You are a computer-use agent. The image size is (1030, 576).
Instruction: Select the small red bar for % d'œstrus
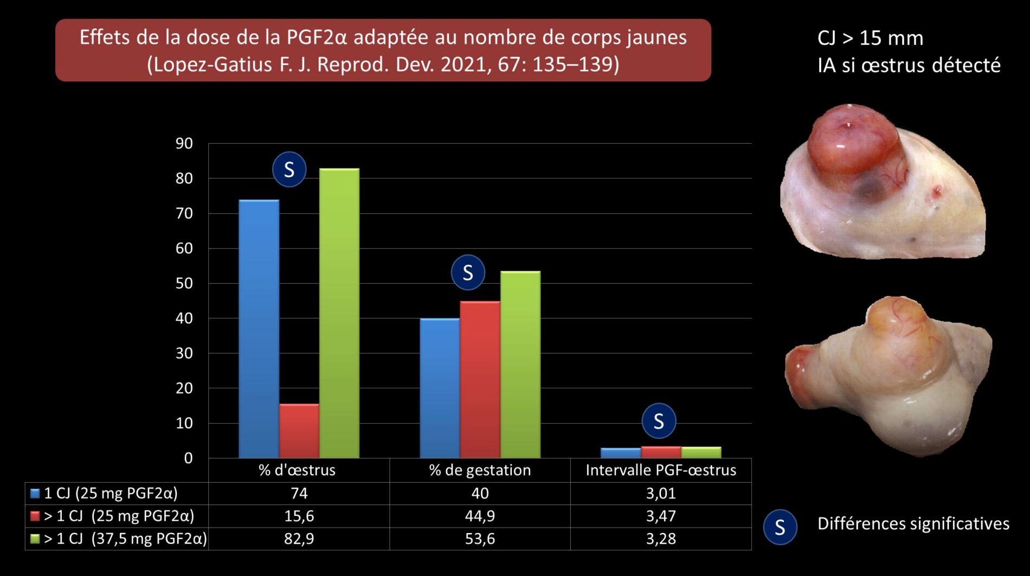[x=299, y=431]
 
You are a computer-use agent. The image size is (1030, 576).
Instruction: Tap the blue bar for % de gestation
[x=440, y=388]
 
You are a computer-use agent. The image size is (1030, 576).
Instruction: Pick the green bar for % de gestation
[x=520, y=364]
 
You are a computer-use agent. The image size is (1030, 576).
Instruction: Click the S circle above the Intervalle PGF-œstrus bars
[x=659, y=421]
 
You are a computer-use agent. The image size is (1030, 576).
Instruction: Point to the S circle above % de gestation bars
[x=468, y=272]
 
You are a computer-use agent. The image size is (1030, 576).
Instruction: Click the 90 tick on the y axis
[x=184, y=144]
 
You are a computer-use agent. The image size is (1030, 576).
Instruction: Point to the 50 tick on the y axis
[x=184, y=283]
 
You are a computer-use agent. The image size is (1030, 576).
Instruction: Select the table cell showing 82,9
[x=299, y=539]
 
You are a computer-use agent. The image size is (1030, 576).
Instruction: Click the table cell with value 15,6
[x=299, y=516]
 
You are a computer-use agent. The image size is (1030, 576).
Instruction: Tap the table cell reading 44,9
[x=480, y=516]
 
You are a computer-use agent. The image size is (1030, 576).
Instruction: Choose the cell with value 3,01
[x=661, y=493]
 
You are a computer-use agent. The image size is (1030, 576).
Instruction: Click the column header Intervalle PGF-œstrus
[x=661, y=470]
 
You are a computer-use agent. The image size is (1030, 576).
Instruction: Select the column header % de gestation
[x=480, y=470]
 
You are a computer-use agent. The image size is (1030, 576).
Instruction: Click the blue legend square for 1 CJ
[x=35, y=494]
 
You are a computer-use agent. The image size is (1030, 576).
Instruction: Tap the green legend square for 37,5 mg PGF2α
[x=35, y=539]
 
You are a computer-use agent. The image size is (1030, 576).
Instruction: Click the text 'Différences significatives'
[x=913, y=524]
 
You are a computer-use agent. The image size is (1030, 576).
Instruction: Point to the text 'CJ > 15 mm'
[x=870, y=38]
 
